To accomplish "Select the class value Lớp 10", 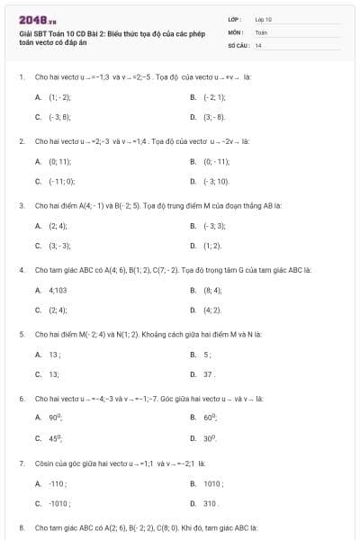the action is coord(263,19).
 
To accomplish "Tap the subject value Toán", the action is coord(261,31).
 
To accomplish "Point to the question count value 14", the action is coord(258,44).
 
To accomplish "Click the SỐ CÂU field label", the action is coord(237,44).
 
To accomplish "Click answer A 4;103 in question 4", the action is coord(58,290).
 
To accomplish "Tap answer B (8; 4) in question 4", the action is coord(212,290).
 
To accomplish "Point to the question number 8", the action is coord(21,526).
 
